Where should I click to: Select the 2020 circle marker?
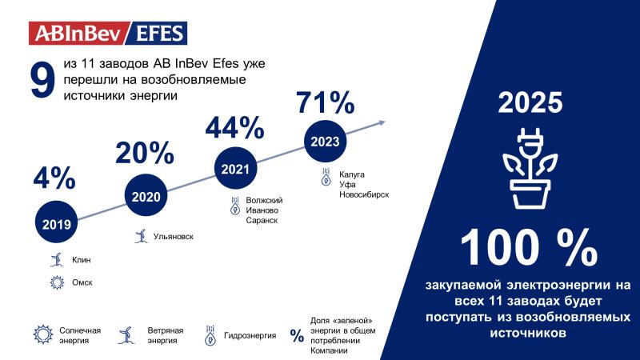click(x=146, y=197)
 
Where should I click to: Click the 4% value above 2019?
click(x=54, y=178)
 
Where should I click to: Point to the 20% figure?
click(x=145, y=153)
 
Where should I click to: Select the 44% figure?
click(x=234, y=127)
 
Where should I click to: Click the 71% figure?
click(x=325, y=102)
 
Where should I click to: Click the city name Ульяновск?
click(x=173, y=237)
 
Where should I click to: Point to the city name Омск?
click(x=82, y=282)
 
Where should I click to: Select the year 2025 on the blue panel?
click(x=531, y=104)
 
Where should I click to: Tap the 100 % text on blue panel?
click(x=531, y=248)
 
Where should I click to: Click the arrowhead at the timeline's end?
click(x=382, y=122)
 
